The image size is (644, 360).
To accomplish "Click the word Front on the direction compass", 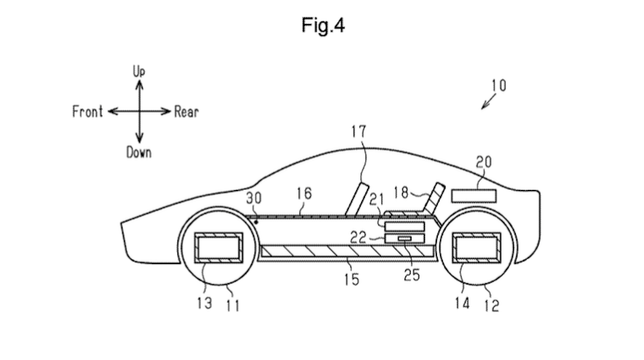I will (x=87, y=112).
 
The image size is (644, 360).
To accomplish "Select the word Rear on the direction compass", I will (x=186, y=112).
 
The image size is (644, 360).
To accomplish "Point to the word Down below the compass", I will (x=139, y=152).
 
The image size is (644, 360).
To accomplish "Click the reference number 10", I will (x=497, y=85).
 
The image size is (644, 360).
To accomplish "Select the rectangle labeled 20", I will (x=473, y=196).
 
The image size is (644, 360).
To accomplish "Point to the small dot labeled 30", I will (x=257, y=221).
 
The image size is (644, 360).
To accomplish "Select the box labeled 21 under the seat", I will (x=405, y=226).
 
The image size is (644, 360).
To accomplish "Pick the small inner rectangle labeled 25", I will (x=404, y=238).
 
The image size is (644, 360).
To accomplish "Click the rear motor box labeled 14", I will (x=477, y=248).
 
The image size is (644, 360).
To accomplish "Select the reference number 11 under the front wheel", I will (x=232, y=305).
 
